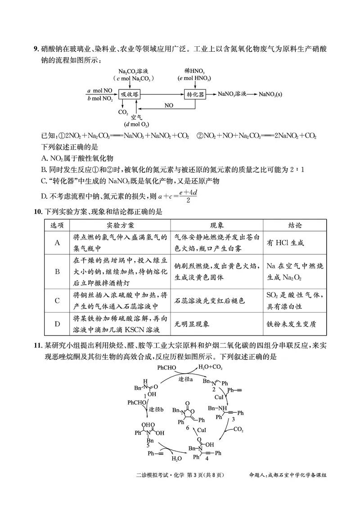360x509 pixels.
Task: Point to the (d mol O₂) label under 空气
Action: (x=137, y=124)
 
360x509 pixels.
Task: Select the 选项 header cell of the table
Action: (x=57, y=225)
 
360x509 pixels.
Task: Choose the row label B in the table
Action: (x=57, y=272)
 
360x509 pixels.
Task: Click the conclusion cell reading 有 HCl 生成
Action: (x=285, y=243)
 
